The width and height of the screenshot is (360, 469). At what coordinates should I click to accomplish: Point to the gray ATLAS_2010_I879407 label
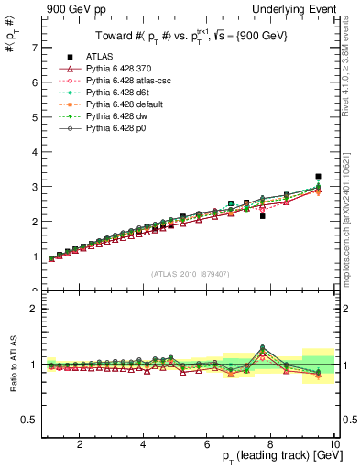191,275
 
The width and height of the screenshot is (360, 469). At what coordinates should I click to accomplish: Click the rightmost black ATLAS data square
318,176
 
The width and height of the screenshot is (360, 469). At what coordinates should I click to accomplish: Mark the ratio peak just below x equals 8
263,347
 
